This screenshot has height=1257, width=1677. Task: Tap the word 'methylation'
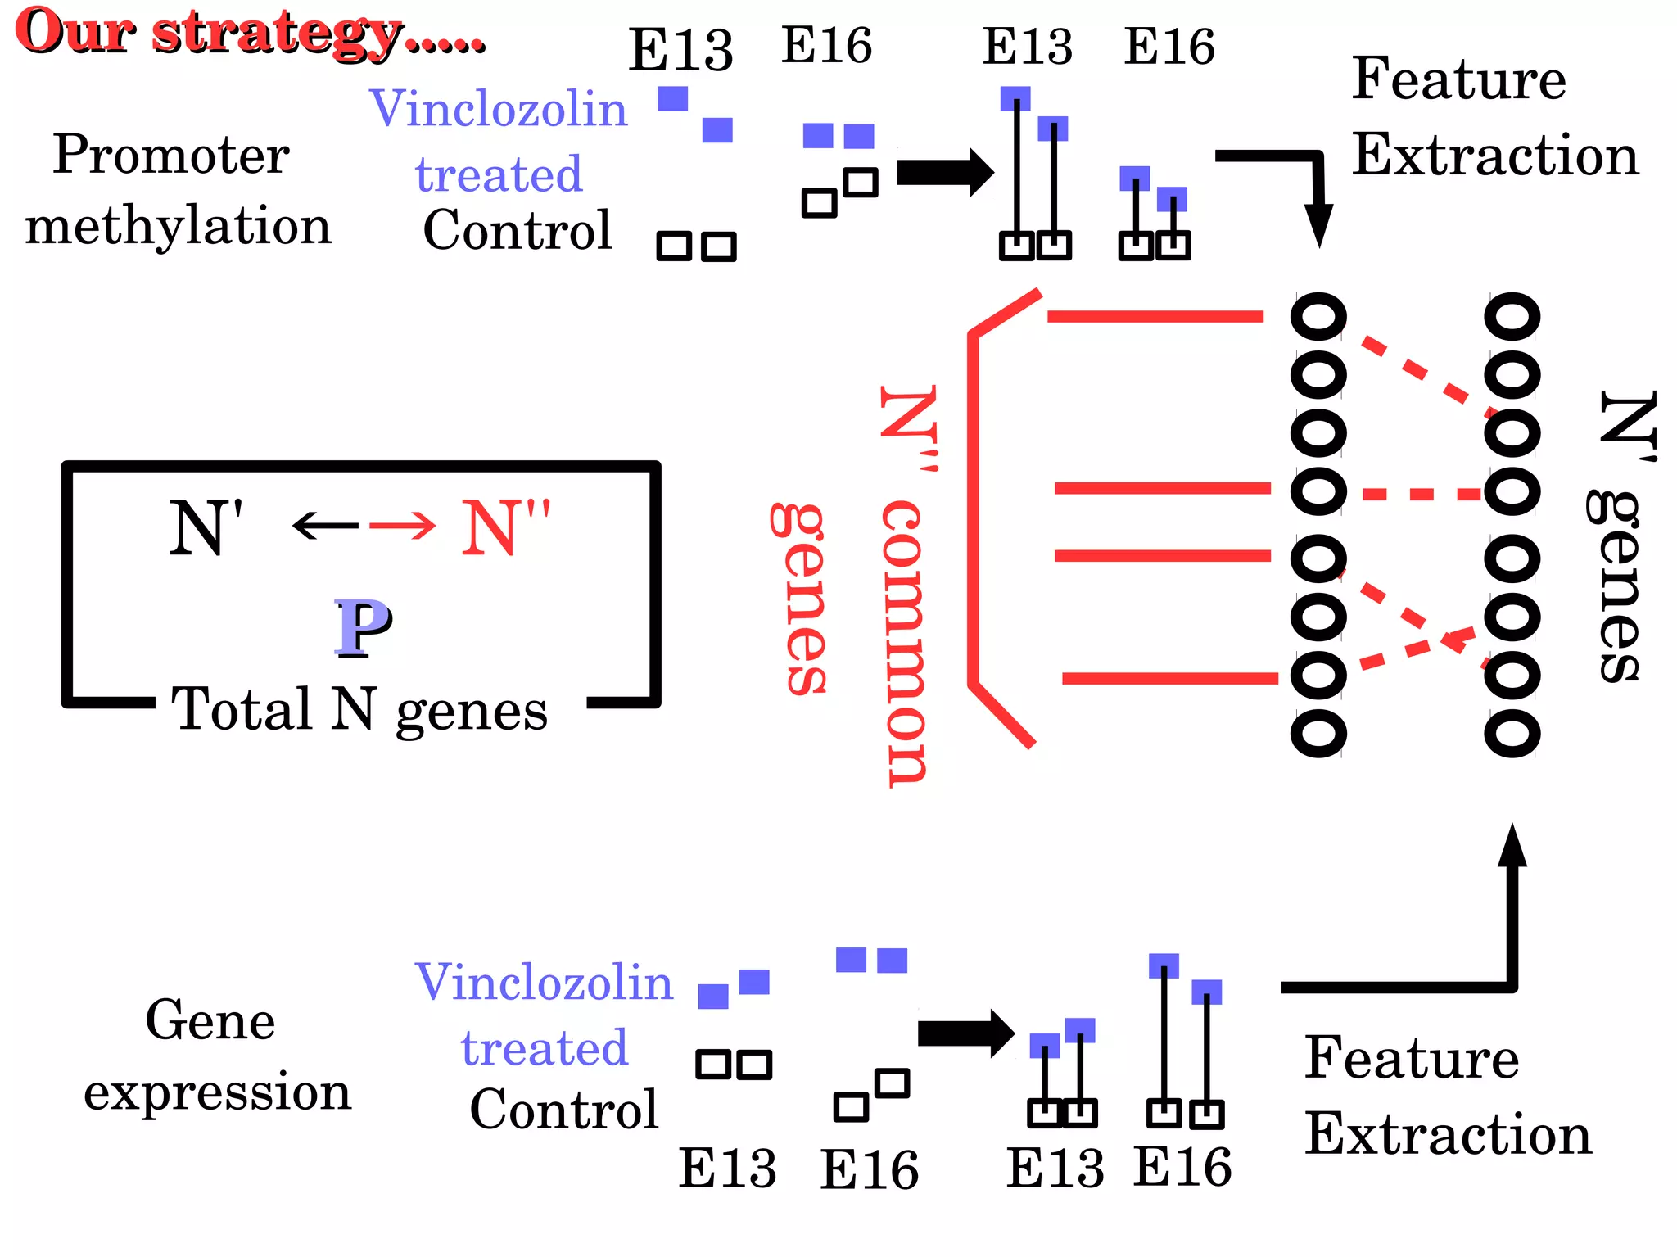point(178,227)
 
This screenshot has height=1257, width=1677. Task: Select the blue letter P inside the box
point(363,627)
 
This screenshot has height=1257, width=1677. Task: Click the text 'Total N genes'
point(359,709)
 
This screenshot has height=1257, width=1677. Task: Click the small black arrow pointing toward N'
point(325,525)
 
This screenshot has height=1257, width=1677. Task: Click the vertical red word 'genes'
point(799,599)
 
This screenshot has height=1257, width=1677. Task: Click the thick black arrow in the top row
point(945,173)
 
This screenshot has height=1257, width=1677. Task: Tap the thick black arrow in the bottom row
point(966,1033)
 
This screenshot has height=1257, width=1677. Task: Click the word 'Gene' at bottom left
point(210,1020)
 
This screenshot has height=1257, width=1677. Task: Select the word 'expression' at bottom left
point(217,1092)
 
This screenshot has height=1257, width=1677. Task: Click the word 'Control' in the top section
point(517,230)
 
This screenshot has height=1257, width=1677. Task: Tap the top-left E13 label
point(680,49)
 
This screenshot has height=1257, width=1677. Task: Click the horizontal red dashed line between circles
point(1422,494)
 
